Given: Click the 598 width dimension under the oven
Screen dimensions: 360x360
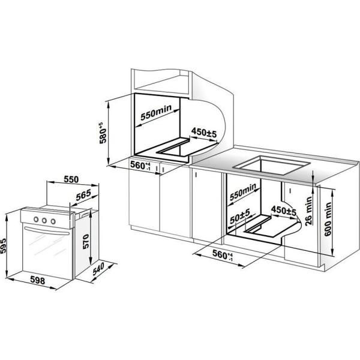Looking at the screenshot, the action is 38,280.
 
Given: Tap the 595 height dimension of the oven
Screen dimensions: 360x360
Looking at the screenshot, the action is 4,246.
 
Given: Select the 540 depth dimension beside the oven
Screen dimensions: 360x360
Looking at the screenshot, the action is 98,269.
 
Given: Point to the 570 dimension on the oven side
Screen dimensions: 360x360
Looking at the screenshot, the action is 86,241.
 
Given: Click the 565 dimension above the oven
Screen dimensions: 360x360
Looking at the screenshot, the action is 83,195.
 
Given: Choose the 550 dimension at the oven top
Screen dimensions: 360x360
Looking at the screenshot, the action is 71,179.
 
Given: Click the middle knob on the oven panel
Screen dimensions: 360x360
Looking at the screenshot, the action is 44,221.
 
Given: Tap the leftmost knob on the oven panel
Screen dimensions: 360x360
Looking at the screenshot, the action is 36,219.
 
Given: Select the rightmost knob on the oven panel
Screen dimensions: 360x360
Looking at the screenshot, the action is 53,221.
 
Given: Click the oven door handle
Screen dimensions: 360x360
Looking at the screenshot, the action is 47,231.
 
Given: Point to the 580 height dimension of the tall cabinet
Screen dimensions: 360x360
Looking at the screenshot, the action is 103,133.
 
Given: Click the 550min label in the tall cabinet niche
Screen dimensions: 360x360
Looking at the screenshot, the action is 156,113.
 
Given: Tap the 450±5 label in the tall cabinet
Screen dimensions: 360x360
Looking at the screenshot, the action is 204,133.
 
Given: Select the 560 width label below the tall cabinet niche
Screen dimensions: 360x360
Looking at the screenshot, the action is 140,166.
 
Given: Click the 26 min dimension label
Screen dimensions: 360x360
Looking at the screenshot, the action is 308,211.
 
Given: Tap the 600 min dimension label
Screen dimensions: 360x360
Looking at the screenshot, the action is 328,219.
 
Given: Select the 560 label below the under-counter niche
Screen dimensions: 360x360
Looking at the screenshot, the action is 223,254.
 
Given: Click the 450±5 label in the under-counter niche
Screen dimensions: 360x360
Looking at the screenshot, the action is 284,211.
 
